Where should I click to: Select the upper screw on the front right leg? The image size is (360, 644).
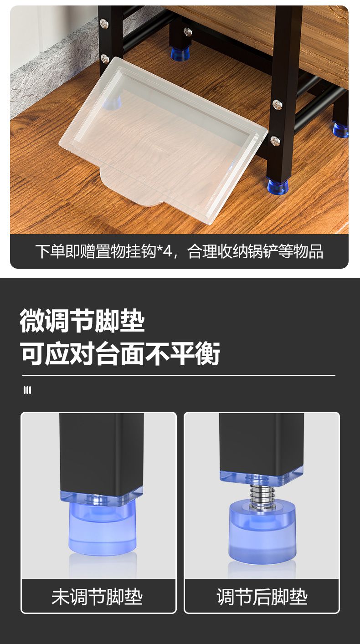277,105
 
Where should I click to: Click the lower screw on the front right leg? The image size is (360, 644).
275,141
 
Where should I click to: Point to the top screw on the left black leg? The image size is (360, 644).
104,23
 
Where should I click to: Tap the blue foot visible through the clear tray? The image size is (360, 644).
113,101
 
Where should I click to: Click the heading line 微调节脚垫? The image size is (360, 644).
82,321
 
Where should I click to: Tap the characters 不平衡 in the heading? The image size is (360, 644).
183,353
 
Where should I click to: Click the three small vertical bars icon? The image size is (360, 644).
27,390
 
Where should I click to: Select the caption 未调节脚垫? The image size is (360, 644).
97,597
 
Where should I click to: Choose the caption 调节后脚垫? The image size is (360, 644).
262,597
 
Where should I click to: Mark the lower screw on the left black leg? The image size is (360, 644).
105,59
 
